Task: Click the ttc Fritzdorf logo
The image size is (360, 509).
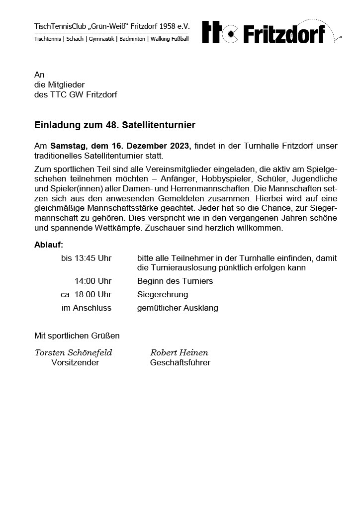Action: pyautogui.click(x=265, y=33)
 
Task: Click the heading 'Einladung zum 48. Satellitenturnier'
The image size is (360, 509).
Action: pyautogui.click(x=115, y=124)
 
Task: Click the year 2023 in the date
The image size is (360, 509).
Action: pyautogui.click(x=180, y=146)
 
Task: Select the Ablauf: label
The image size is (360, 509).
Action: pyautogui.click(x=49, y=245)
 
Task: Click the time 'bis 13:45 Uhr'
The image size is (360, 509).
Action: pyautogui.click(x=86, y=258)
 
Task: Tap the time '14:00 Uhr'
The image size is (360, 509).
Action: pyautogui.click(x=93, y=281)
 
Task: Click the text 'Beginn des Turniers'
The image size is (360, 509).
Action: pyautogui.click(x=175, y=281)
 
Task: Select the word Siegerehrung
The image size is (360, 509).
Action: pyautogui.click(x=163, y=295)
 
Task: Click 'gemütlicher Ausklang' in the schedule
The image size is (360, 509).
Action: pyautogui.click(x=178, y=308)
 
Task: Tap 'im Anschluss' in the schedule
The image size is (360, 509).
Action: pyautogui.click(x=87, y=308)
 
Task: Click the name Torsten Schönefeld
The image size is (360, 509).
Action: pyautogui.click(x=74, y=353)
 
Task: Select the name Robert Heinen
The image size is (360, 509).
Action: pyautogui.click(x=179, y=353)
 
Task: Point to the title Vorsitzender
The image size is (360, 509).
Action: pyautogui.click(x=75, y=363)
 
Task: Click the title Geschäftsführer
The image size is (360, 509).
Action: pyautogui.click(x=180, y=363)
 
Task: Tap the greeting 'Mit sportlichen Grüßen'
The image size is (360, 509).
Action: pyautogui.click(x=77, y=336)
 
